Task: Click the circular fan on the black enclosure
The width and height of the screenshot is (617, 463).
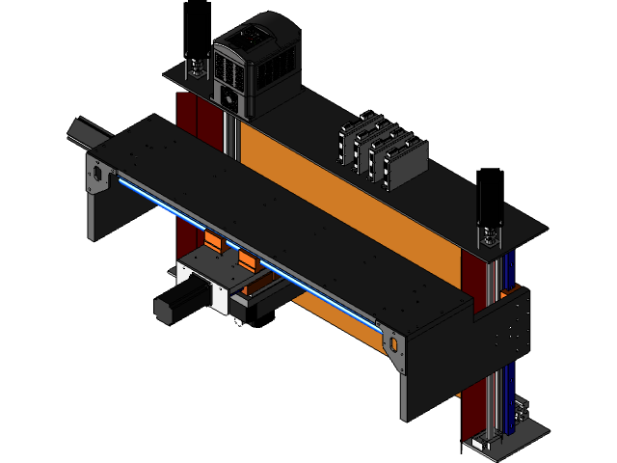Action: point(229,98)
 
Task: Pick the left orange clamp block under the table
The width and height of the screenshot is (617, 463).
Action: point(214,242)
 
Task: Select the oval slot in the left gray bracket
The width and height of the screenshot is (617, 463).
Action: point(97,173)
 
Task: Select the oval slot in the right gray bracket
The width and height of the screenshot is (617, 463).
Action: point(392,343)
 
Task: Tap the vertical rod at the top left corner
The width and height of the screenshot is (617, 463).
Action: point(189,43)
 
